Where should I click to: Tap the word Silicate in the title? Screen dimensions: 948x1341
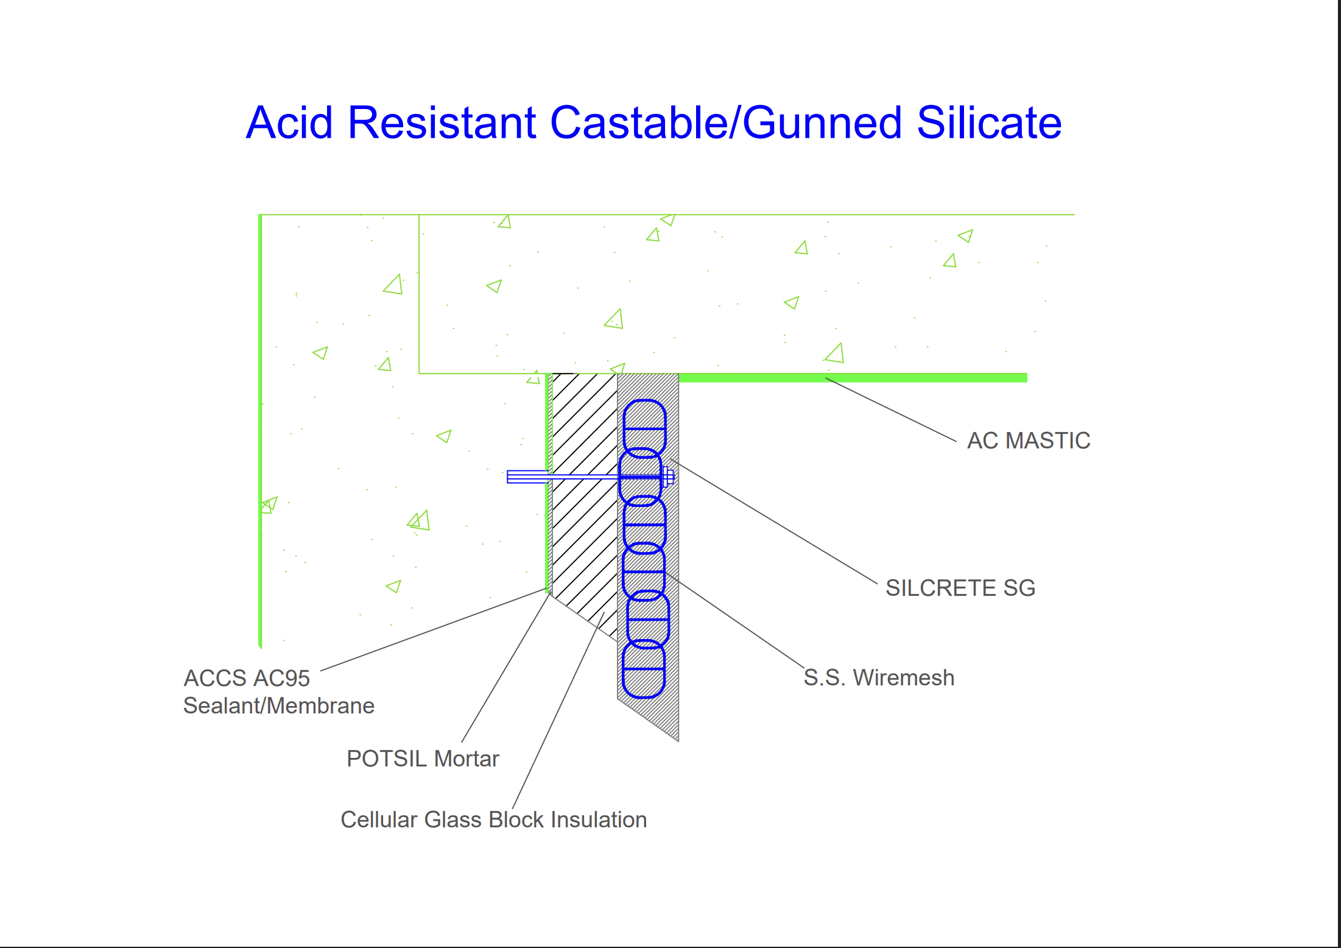click(989, 123)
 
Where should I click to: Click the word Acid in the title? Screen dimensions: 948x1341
click(289, 123)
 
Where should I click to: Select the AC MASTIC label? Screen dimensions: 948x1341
click(1029, 440)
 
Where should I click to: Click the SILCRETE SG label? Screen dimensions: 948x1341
click(960, 588)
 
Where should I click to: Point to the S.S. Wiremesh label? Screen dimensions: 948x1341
click(878, 677)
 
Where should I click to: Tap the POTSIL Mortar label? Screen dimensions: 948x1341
click(423, 759)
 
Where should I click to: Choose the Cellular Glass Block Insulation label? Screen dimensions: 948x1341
click(493, 819)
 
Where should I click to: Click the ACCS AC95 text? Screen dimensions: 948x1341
click(247, 678)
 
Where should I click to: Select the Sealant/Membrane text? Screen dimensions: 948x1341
click(279, 706)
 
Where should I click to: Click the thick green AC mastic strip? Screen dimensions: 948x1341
click(853, 378)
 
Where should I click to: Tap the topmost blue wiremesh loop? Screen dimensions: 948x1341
click(645, 426)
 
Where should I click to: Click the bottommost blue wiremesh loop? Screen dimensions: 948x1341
click(644, 669)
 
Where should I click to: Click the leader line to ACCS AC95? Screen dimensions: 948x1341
click(432, 630)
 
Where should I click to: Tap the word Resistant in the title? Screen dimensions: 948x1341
click(442, 123)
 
